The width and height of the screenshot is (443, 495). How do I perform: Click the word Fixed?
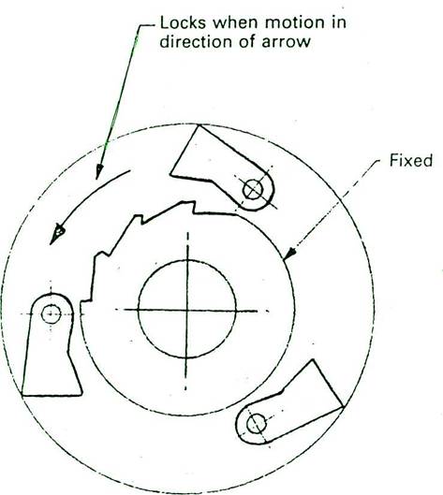point(411,160)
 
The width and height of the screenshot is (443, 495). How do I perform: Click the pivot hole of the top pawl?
point(253,189)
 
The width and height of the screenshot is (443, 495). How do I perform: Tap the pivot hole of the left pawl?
point(51,313)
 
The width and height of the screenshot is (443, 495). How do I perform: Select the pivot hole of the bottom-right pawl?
point(257,424)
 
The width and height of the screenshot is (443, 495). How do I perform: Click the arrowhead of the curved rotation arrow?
point(57,234)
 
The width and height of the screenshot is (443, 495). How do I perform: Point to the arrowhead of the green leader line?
point(99,171)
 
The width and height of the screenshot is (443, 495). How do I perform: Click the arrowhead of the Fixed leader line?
point(289,254)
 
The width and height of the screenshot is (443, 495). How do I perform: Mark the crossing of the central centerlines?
point(186,310)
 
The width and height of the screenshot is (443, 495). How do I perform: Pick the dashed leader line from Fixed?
point(335,205)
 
